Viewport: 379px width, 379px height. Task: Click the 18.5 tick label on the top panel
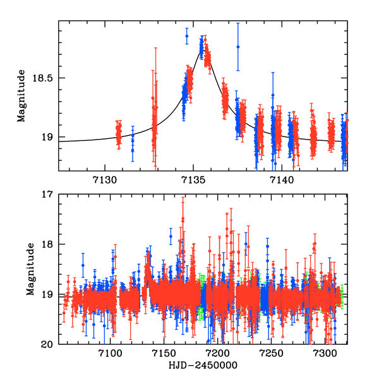point(44,78)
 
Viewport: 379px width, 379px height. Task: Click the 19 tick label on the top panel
point(49,137)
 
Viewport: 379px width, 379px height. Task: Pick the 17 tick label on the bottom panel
point(49,194)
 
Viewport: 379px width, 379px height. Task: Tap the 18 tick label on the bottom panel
point(49,244)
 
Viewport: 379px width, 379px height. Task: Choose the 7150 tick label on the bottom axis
point(164,354)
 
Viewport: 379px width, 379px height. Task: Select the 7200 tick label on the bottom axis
point(218,354)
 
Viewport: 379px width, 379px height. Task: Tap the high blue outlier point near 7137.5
point(238,47)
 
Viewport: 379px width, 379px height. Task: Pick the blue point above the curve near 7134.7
point(187,37)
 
